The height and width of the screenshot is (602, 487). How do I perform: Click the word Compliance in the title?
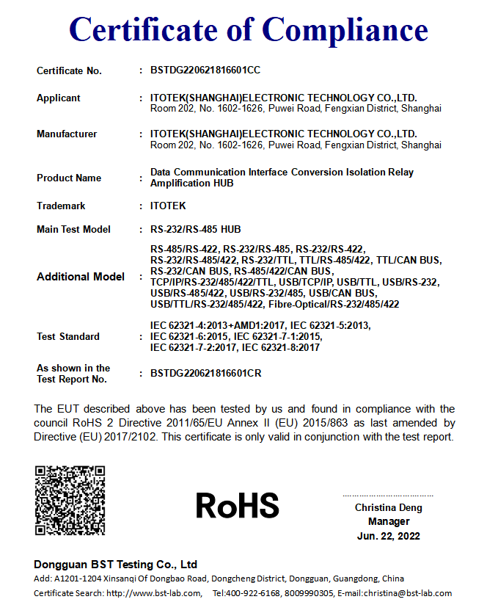[x=345, y=29]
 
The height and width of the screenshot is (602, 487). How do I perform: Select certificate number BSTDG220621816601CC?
[x=205, y=70]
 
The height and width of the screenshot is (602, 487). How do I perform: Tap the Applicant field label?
[x=59, y=98]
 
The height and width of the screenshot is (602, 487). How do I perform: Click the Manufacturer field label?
[x=67, y=134]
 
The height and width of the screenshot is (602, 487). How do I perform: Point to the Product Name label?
[x=69, y=178]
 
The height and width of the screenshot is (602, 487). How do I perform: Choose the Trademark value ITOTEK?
[x=168, y=206]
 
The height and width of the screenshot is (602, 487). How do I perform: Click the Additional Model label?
[x=80, y=277]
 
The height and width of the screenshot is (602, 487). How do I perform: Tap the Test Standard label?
[x=68, y=336]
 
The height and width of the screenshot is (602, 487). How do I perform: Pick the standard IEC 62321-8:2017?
[x=281, y=347]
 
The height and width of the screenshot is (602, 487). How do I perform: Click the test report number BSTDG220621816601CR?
[x=206, y=373]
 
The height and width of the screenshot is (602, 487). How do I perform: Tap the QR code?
[x=70, y=500]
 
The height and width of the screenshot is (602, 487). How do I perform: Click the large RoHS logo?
[x=238, y=505]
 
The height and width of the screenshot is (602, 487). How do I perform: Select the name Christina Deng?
[x=388, y=507]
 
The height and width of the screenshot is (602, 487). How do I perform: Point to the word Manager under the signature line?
[x=389, y=521]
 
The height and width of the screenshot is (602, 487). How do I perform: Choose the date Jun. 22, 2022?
[x=389, y=536]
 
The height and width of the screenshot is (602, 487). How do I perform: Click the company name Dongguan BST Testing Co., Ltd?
[x=116, y=565]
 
